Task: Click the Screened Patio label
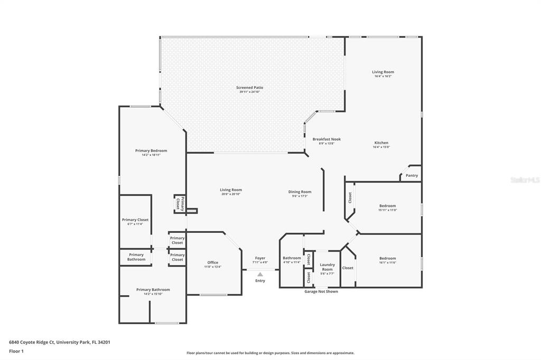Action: coord(249,88)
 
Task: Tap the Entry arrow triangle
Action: coord(260,274)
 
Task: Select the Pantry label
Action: coord(412,175)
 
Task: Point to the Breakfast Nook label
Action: coord(327,139)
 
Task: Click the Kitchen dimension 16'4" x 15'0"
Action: coord(381,147)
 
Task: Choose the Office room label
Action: coord(212,262)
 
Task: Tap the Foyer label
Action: coord(260,258)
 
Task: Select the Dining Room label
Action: coord(300,192)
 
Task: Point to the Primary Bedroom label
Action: coord(151,150)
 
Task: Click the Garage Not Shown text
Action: coord(321,291)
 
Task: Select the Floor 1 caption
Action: coord(16,351)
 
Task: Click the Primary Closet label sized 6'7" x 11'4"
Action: coord(135,220)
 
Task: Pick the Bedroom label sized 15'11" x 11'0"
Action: coord(387,206)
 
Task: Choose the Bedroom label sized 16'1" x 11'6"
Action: coord(387,258)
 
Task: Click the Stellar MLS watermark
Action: coord(525,180)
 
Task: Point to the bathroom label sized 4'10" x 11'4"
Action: coord(292,258)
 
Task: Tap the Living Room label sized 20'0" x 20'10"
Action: coord(231,190)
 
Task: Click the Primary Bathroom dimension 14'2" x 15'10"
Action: coord(153,294)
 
